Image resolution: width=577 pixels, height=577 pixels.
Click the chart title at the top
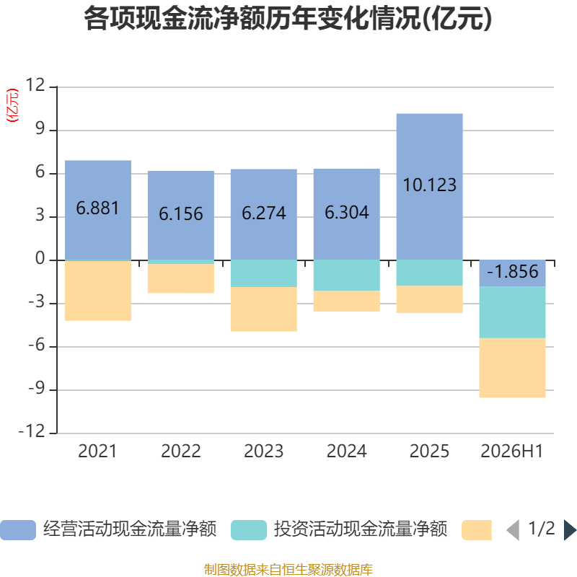[288, 19]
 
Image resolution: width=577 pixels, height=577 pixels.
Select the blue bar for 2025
[429, 187]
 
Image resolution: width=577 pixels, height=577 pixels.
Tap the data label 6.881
[97, 208]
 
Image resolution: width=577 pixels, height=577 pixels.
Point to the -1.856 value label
[512, 272]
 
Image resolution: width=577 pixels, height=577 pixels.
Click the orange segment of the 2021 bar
[98, 291]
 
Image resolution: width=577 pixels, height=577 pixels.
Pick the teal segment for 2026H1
[512, 312]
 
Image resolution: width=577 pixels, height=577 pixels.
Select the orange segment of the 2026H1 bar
[512, 368]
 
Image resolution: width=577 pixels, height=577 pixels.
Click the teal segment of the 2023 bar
[264, 273]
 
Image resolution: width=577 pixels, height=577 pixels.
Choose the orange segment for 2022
[181, 278]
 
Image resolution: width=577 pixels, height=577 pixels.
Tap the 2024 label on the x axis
[347, 452]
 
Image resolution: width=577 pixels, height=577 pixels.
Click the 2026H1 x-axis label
[512, 452]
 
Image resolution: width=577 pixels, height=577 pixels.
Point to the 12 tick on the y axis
[35, 85]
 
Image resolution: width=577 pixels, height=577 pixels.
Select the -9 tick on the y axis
[37, 388]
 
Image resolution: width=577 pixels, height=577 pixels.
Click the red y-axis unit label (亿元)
[12, 105]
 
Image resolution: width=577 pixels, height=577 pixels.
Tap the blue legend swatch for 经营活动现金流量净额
[18, 530]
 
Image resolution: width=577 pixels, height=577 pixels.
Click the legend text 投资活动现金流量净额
[360, 529]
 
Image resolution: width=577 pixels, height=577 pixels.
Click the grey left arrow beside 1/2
[513, 530]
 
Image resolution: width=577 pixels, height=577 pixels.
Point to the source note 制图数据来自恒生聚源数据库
[288, 569]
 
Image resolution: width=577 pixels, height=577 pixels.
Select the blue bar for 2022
[181, 215]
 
